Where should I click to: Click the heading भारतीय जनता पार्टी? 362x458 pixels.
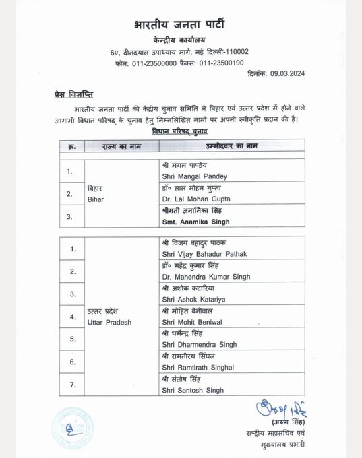180,26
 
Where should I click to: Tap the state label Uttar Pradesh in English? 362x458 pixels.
109,321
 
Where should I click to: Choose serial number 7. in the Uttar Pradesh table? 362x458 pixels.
72,385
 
